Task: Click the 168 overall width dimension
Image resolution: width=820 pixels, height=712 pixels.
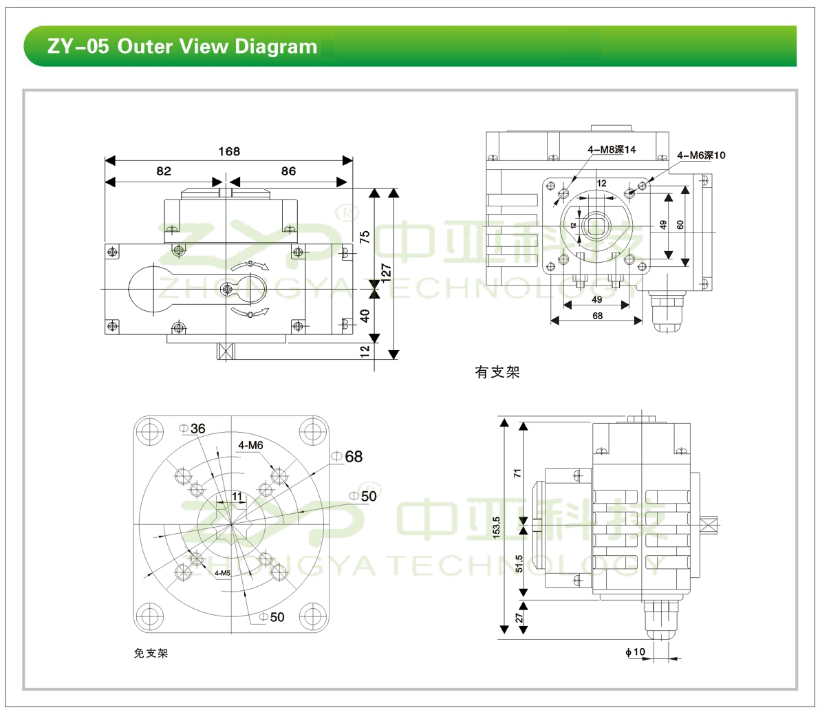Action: (x=229, y=151)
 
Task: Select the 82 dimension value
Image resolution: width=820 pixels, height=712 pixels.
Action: (x=164, y=171)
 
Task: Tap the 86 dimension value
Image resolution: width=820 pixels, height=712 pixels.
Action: (x=288, y=171)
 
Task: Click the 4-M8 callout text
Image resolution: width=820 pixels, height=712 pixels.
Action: (x=612, y=149)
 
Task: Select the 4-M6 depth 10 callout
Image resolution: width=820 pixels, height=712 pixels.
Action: (x=701, y=155)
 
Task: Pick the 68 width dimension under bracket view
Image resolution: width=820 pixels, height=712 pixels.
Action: (x=597, y=316)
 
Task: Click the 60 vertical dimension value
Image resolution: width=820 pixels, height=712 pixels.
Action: (x=680, y=225)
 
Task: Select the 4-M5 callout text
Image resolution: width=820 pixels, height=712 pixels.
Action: (x=222, y=572)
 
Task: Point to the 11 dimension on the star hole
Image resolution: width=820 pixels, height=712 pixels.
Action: (x=237, y=496)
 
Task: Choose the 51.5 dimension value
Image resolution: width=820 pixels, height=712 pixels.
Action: (x=519, y=563)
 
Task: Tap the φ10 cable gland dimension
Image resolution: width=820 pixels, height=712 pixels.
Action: (x=636, y=651)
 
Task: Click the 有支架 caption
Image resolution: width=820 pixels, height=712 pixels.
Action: (x=497, y=372)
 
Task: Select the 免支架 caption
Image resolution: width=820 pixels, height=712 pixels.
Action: (x=151, y=653)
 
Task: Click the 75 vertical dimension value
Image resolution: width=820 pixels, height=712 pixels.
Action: (x=365, y=237)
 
